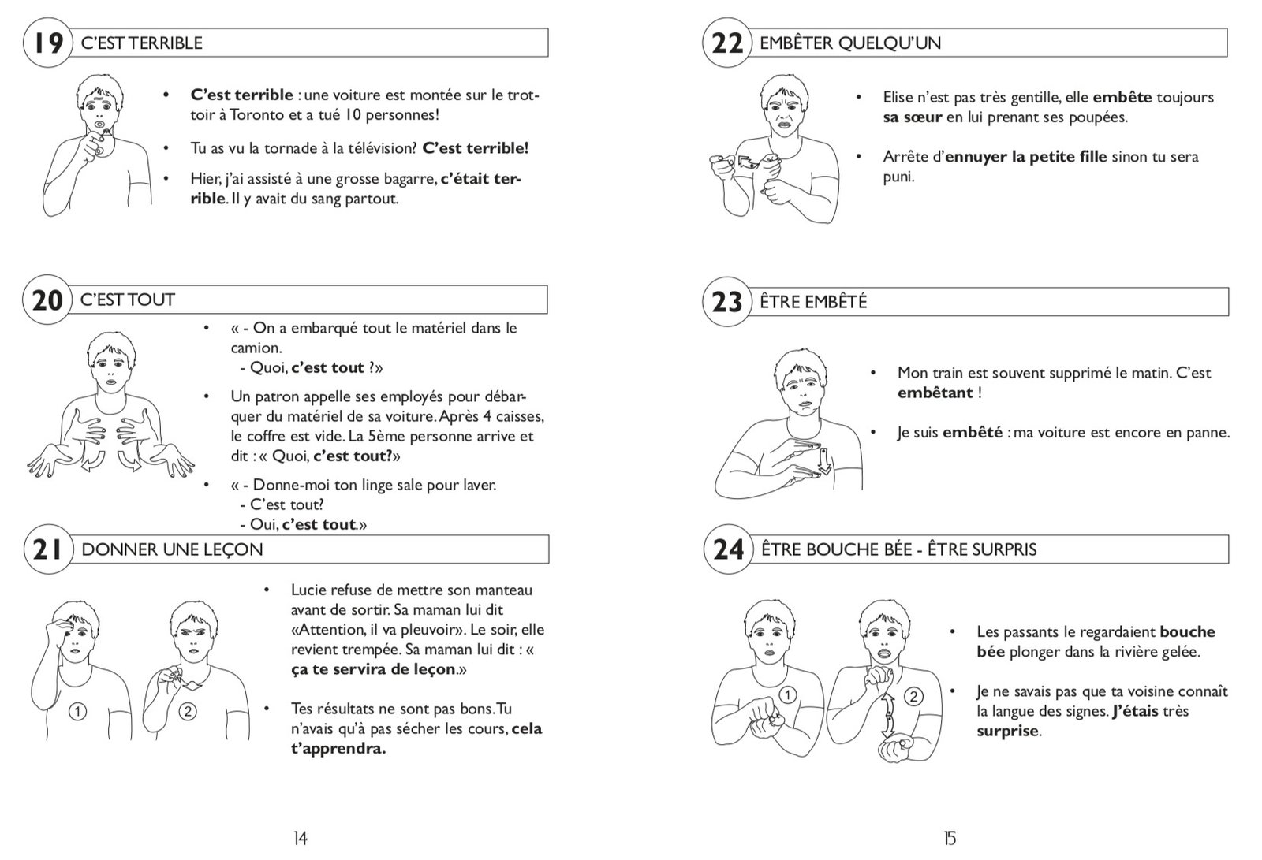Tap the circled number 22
pos(726,43)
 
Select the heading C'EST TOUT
pos(128,300)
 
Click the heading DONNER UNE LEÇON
pos(172,549)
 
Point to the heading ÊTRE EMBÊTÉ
pos(813,302)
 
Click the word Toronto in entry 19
pos(259,114)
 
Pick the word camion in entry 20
pos(255,348)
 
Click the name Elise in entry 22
pos(898,98)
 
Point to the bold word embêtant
pos(935,393)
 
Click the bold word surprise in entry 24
pos(1007,731)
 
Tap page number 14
pos(300,839)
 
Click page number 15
pos(950,839)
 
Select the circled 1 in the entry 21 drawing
pos(77,712)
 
